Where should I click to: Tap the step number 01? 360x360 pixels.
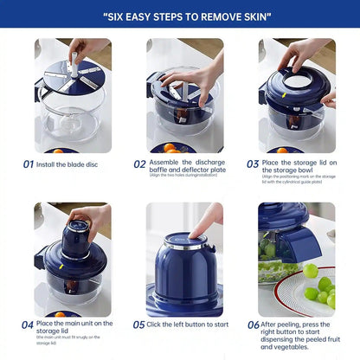[29, 164]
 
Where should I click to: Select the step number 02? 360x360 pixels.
[139, 164]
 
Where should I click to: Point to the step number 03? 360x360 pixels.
[252, 164]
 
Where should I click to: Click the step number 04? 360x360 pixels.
[29, 325]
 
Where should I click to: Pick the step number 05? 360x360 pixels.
[139, 325]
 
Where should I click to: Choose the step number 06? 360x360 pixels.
[252, 325]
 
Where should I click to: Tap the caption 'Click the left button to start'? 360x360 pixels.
[188, 325]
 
